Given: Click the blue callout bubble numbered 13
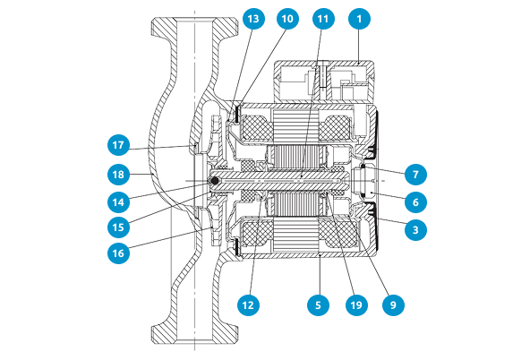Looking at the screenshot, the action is [x=253, y=19].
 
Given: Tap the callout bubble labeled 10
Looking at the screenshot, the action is [x=287, y=19].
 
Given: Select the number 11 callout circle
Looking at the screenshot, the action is [x=323, y=19].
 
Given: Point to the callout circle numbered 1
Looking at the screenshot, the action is [x=359, y=19].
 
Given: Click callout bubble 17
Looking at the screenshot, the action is [x=118, y=145].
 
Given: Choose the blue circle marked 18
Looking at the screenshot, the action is [x=118, y=175].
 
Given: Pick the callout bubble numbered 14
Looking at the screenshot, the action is [x=118, y=202].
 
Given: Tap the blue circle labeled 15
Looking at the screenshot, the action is [x=118, y=227].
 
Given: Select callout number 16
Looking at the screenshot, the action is [x=118, y=253].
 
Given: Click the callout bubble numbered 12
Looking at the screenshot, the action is [x=248, y=304].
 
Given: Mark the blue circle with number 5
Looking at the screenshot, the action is [x=318, y=304].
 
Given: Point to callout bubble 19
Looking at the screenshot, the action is [x=356, y=304].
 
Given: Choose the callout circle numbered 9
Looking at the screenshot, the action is [x=393, y=304].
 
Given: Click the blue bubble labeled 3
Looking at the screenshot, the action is [x=415, y=230].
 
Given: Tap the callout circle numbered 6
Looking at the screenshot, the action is [x=415, y=202].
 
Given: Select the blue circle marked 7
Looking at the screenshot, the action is [x=415, y=175].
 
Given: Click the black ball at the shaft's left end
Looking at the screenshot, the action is [x=214, y=182].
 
